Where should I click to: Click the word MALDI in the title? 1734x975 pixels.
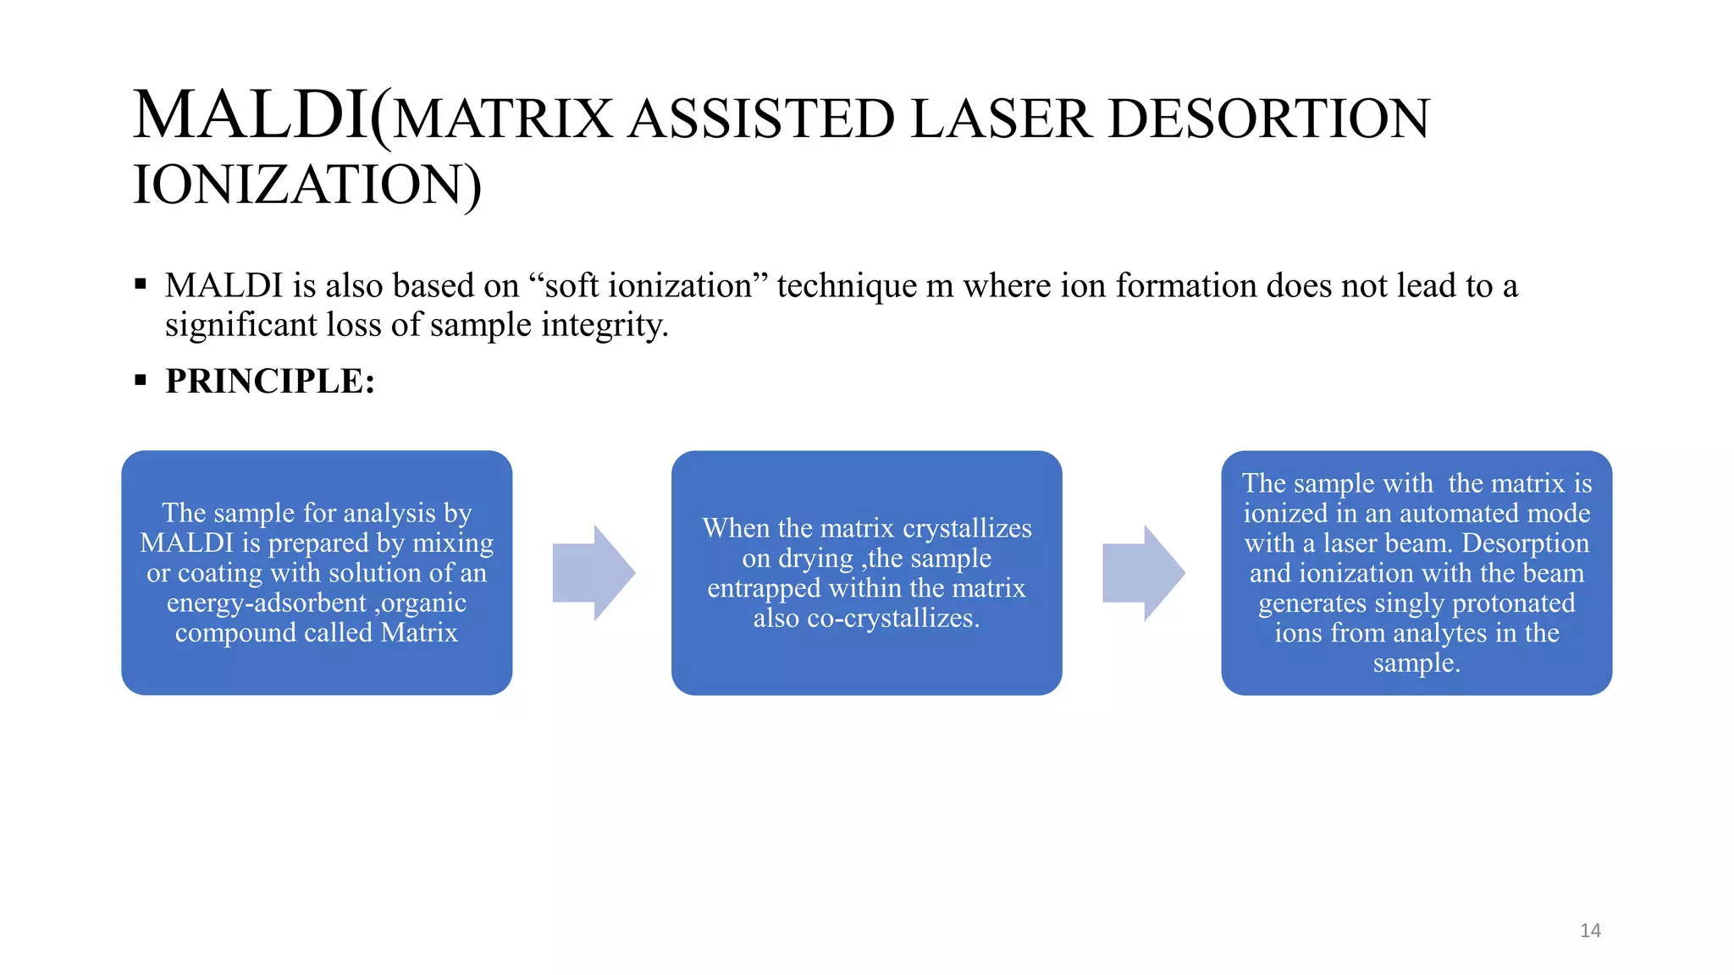250,116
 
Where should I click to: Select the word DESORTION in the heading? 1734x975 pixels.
1268,119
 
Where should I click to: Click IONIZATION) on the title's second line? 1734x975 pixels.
307,185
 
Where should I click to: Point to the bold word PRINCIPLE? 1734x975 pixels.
269,382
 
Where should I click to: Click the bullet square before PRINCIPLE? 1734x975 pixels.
141,381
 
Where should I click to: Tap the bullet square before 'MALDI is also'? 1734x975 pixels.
141,285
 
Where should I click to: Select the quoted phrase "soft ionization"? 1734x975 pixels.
648,286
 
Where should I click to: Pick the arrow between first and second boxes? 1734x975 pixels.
594,573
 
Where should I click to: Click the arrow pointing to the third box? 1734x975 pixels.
1143,573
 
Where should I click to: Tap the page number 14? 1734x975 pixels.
1590,931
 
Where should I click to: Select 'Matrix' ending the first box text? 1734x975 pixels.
419,633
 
